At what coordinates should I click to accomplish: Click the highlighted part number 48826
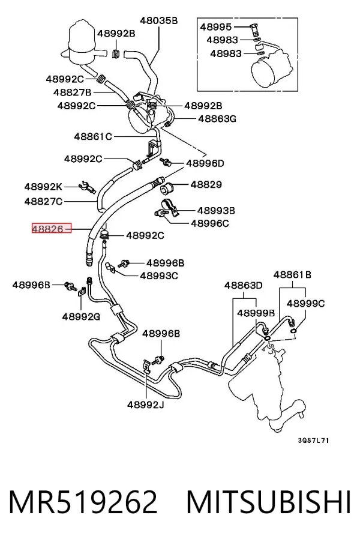[x=48, y=229]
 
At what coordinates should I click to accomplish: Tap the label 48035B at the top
[x=159, y=20]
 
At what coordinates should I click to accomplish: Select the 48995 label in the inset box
[x=216, y=27]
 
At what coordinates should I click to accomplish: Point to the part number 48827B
[x=72, y=92]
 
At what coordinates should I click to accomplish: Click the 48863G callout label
[x=217, y=119]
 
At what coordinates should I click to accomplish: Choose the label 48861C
[x=93, y=136]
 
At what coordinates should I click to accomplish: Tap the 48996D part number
[x=205, y=163]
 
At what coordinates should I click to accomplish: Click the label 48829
[x=206, y=184]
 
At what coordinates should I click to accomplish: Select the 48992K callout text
[x=43, y=187]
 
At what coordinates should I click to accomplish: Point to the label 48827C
[x=43, y=201]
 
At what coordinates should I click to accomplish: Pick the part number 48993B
[x=216, y=210]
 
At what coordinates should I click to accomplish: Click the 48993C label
[x=159, y=276]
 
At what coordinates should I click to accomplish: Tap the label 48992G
[x=82, y=317]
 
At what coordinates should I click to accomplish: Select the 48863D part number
[x=243, y=285]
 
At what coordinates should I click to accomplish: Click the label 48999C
[x=306, y=304]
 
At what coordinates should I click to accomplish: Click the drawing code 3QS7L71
[x=313, y=441]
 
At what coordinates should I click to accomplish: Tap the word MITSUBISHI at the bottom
[x=269, y=502]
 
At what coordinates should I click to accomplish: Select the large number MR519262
[x=83, y=502]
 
